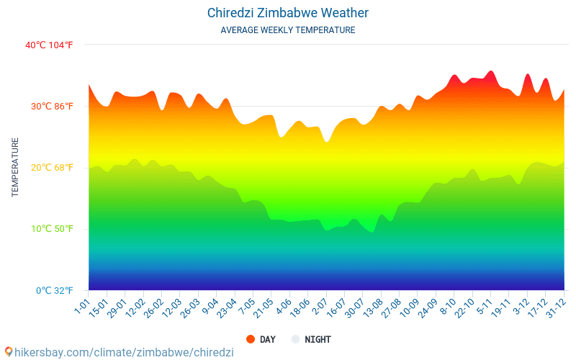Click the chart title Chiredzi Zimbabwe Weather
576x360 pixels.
coord(288,13)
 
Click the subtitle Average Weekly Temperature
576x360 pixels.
coord(288,30)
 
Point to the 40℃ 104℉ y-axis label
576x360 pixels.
coord(49,45)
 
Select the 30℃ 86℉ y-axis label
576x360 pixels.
coord(52,107)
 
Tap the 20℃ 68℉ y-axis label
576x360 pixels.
coord(52,168)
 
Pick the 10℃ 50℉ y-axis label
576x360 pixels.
coord(52,229)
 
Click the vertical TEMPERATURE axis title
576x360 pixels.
coord(15,167)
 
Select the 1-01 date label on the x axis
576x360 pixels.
coord(82,307)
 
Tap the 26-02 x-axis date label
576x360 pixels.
coord(153,309)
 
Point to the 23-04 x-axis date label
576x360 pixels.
coord(227,309)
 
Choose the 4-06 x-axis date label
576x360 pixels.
coord(284,307)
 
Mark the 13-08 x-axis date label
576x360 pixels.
coord(373,309)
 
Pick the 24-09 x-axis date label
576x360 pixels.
coord(428,309)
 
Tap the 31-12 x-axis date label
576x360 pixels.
coord(555,309)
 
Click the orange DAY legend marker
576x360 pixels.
coord(251,339)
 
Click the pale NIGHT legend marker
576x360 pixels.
coord(295,339)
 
